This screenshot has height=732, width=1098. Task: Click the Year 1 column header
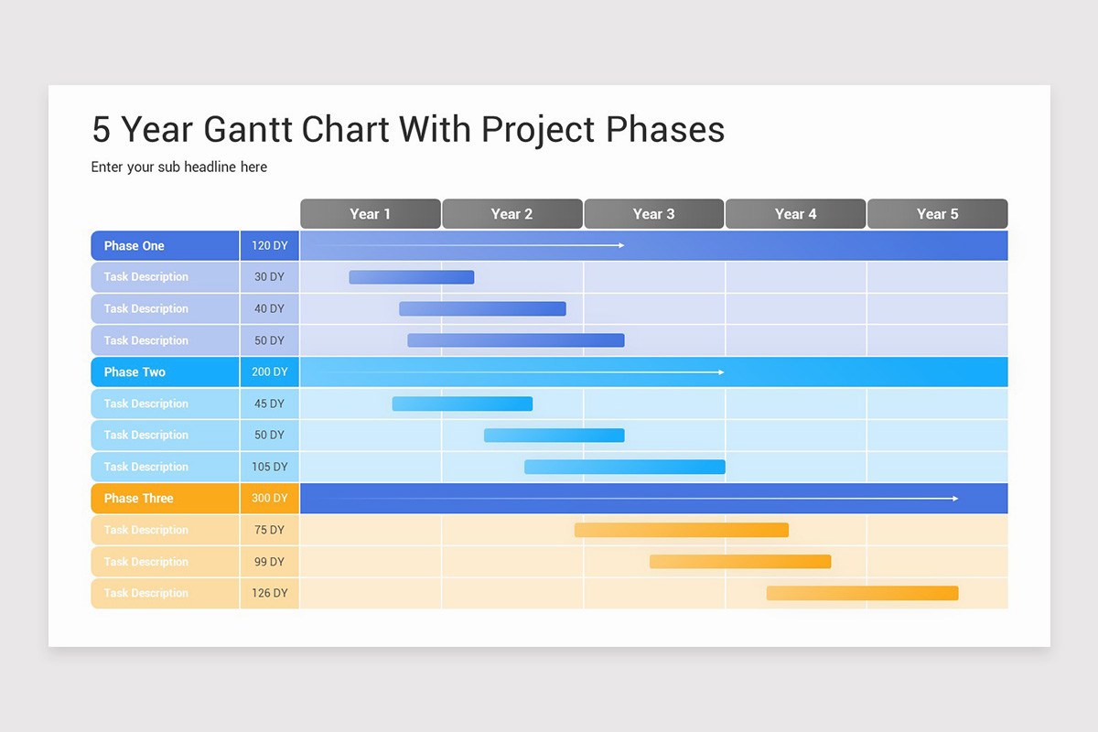(370, 214)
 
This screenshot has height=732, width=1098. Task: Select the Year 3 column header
(654, 214)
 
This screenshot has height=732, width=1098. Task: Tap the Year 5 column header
(937, 214)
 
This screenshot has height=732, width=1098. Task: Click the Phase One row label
(166, 245)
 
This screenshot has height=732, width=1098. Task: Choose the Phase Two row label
(166, 371)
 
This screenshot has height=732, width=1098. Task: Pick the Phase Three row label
(166, 498)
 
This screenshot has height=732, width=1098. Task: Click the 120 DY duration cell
(270, 245)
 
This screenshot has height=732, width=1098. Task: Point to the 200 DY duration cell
(270, 371)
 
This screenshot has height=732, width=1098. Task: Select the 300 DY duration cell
(270, 498)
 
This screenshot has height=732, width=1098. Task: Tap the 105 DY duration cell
(270, 467)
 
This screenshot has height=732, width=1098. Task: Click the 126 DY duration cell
(270, 593)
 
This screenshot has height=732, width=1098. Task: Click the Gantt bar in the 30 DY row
(412, 277)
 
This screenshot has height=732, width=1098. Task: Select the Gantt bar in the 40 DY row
(482, 308)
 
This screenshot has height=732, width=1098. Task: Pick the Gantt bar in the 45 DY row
(462, 404)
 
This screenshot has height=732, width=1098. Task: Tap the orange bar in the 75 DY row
(682, 530)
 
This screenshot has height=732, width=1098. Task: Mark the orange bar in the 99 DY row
(740, 562)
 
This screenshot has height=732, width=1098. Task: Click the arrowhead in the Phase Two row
(721, 372)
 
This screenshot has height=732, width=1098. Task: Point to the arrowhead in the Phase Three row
(955, 498)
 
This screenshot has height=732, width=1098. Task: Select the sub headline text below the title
(179, 167)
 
